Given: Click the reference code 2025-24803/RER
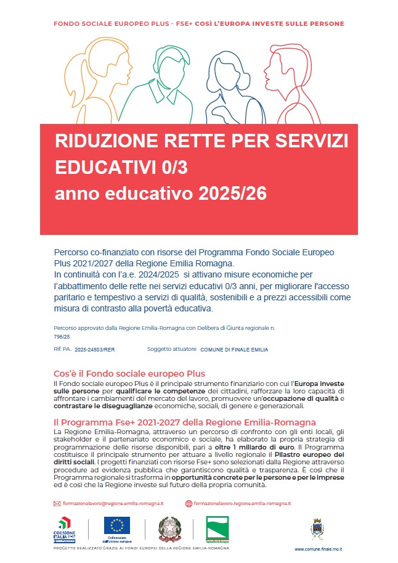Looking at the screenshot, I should click(x=94, y=350).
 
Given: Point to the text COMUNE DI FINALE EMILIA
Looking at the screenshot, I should click(x=234, y=350).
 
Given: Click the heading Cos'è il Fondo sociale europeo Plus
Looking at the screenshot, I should click(x=129, y=374).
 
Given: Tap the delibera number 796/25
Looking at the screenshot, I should click(x=62, y=337).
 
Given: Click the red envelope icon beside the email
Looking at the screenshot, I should click(x=57, y=503).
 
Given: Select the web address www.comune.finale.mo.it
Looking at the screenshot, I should click(x=319, y=549).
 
